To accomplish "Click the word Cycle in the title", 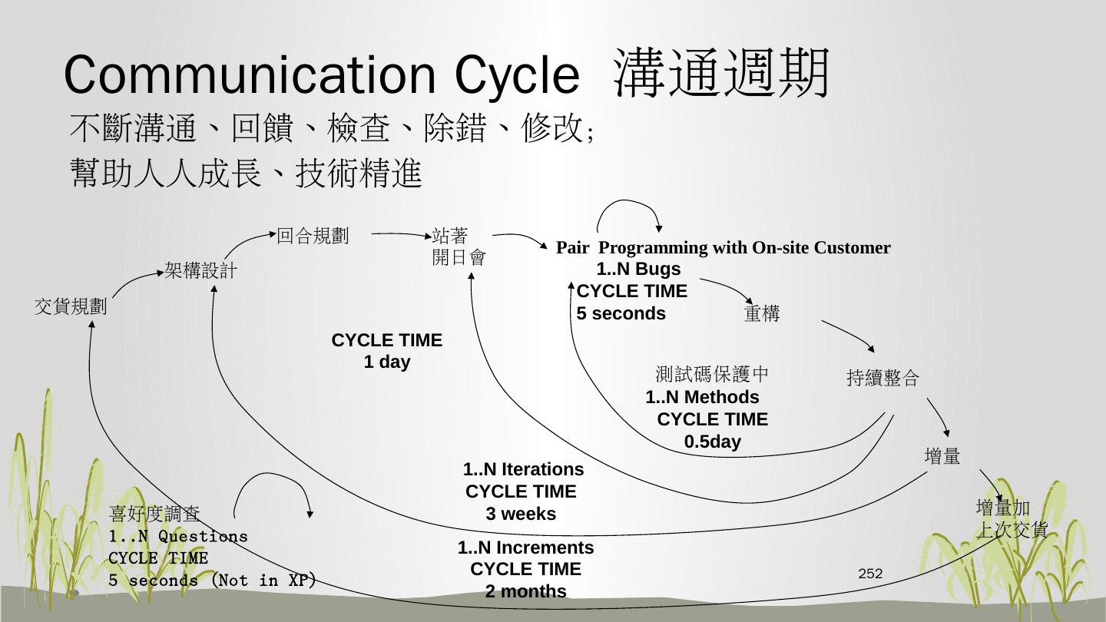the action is coord(516,75).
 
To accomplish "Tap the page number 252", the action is coord(870,574).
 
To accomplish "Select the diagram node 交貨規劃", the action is coord(71,307).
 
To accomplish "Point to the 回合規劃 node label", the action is coord(313,237).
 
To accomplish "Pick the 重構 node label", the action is coord(762,314).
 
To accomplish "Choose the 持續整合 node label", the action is coord(882,378).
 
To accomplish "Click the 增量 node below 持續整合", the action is coord(942,457).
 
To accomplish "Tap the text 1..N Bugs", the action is coord(638,270).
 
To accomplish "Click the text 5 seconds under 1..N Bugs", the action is coord(621,314).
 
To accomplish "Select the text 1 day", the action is coord(387,362).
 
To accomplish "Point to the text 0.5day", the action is coord(713,442).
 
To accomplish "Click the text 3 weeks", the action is coord(521,514).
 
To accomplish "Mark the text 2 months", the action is coord(526,592).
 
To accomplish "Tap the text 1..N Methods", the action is coord(702,398).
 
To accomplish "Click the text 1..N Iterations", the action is coord(523,470).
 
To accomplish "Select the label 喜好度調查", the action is coord(154,513).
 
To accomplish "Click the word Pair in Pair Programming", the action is coord(572,248).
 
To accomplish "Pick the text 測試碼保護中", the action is coord(712,375).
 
